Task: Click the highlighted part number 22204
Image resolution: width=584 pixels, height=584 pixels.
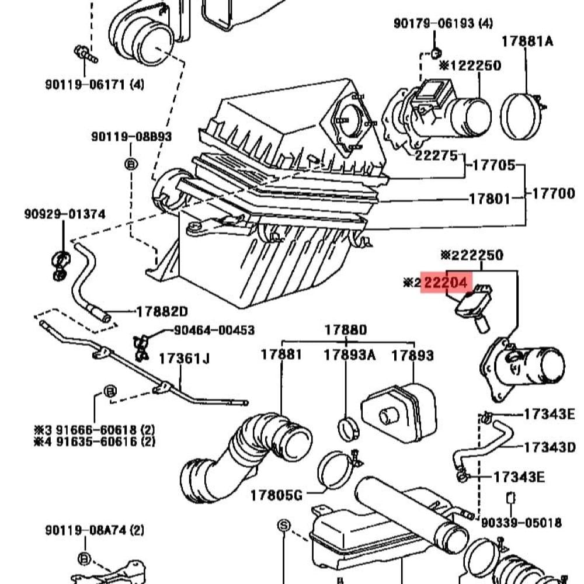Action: pos(446,283)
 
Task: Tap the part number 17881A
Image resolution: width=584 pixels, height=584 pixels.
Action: pos(528,41)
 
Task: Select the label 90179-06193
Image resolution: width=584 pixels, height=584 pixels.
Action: pos(436,23)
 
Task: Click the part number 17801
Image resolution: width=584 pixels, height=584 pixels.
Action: pos(489,199)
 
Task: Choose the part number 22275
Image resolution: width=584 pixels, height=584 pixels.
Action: pos(435,156)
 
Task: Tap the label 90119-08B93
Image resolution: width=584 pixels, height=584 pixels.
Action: pos(131,137)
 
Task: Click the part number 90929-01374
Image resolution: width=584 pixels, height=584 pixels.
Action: pos(65,214)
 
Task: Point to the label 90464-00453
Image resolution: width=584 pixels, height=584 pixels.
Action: pos(214,331)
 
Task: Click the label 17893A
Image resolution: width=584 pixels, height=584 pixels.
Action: pos(350,354)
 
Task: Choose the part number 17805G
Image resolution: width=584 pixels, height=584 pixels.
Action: pos(276,496)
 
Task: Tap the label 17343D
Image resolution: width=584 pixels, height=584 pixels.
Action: pos(550,447)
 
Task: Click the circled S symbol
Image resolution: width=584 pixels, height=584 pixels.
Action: pos(283,526)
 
